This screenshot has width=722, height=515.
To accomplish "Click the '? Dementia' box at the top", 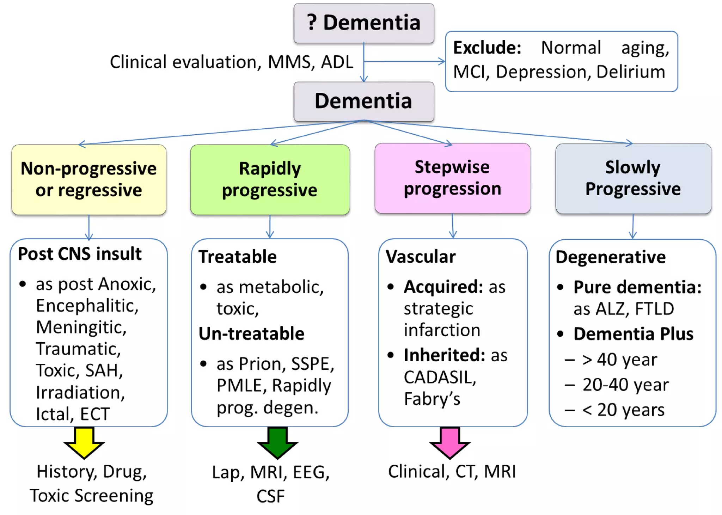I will (364, 23).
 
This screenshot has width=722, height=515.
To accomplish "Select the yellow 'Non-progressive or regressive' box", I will (89, 179).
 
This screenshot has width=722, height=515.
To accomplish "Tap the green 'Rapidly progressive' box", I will (270, 179).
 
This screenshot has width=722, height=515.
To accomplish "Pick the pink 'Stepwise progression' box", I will (453, 178).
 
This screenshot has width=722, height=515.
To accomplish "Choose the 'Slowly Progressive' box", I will (633, 178).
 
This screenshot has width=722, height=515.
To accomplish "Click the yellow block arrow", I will (84, 443).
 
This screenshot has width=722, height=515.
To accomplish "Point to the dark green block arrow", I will (277, 443).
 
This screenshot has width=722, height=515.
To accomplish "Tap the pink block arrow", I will (450, 443).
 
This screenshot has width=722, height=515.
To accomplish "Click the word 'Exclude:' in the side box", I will (487, 48).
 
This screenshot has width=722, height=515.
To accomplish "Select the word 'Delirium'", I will (631, 72).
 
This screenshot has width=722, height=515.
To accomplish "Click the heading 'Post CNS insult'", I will (80, 254).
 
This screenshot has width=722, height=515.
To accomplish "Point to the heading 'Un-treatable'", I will (251, 333).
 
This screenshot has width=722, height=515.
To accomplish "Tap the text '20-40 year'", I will (625, 385).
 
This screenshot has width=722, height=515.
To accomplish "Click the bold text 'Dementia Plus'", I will (633, 334).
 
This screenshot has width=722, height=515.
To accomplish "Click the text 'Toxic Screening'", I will (92, 496).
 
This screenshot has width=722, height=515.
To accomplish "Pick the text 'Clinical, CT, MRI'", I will (452, 472).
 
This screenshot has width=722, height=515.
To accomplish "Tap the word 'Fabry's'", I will (432, 399).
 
